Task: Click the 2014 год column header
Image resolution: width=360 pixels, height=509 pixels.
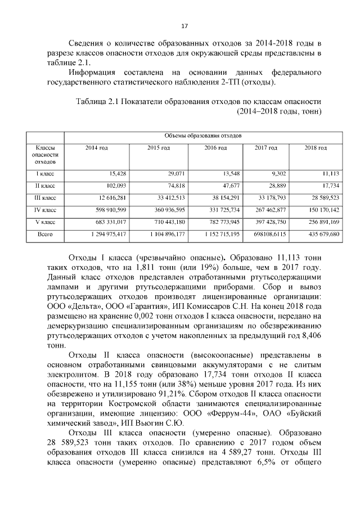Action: pos(96,148)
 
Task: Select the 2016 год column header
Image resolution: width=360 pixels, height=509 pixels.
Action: pos(215,148)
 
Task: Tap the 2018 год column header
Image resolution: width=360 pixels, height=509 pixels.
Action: pos(315,148)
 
